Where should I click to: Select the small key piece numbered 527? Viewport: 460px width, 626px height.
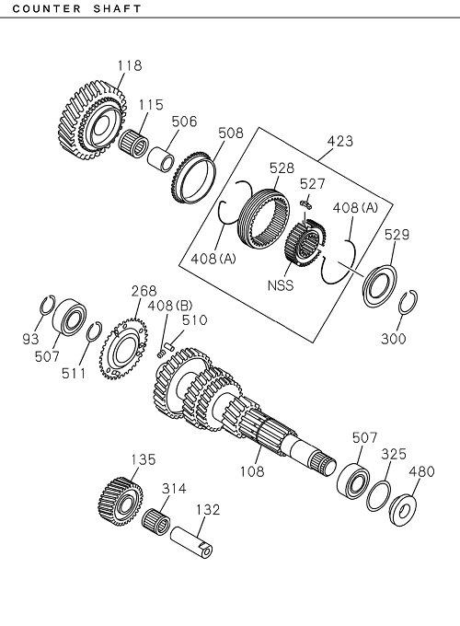click(x=306, y=205)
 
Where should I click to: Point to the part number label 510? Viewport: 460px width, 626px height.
click(x=194, y=320)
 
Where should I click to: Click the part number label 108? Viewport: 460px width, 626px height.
click(x=251, y=471)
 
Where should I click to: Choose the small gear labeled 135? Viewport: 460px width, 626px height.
click(x=117, y=500)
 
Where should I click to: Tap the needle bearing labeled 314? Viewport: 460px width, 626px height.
click(x=156, y=521)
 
